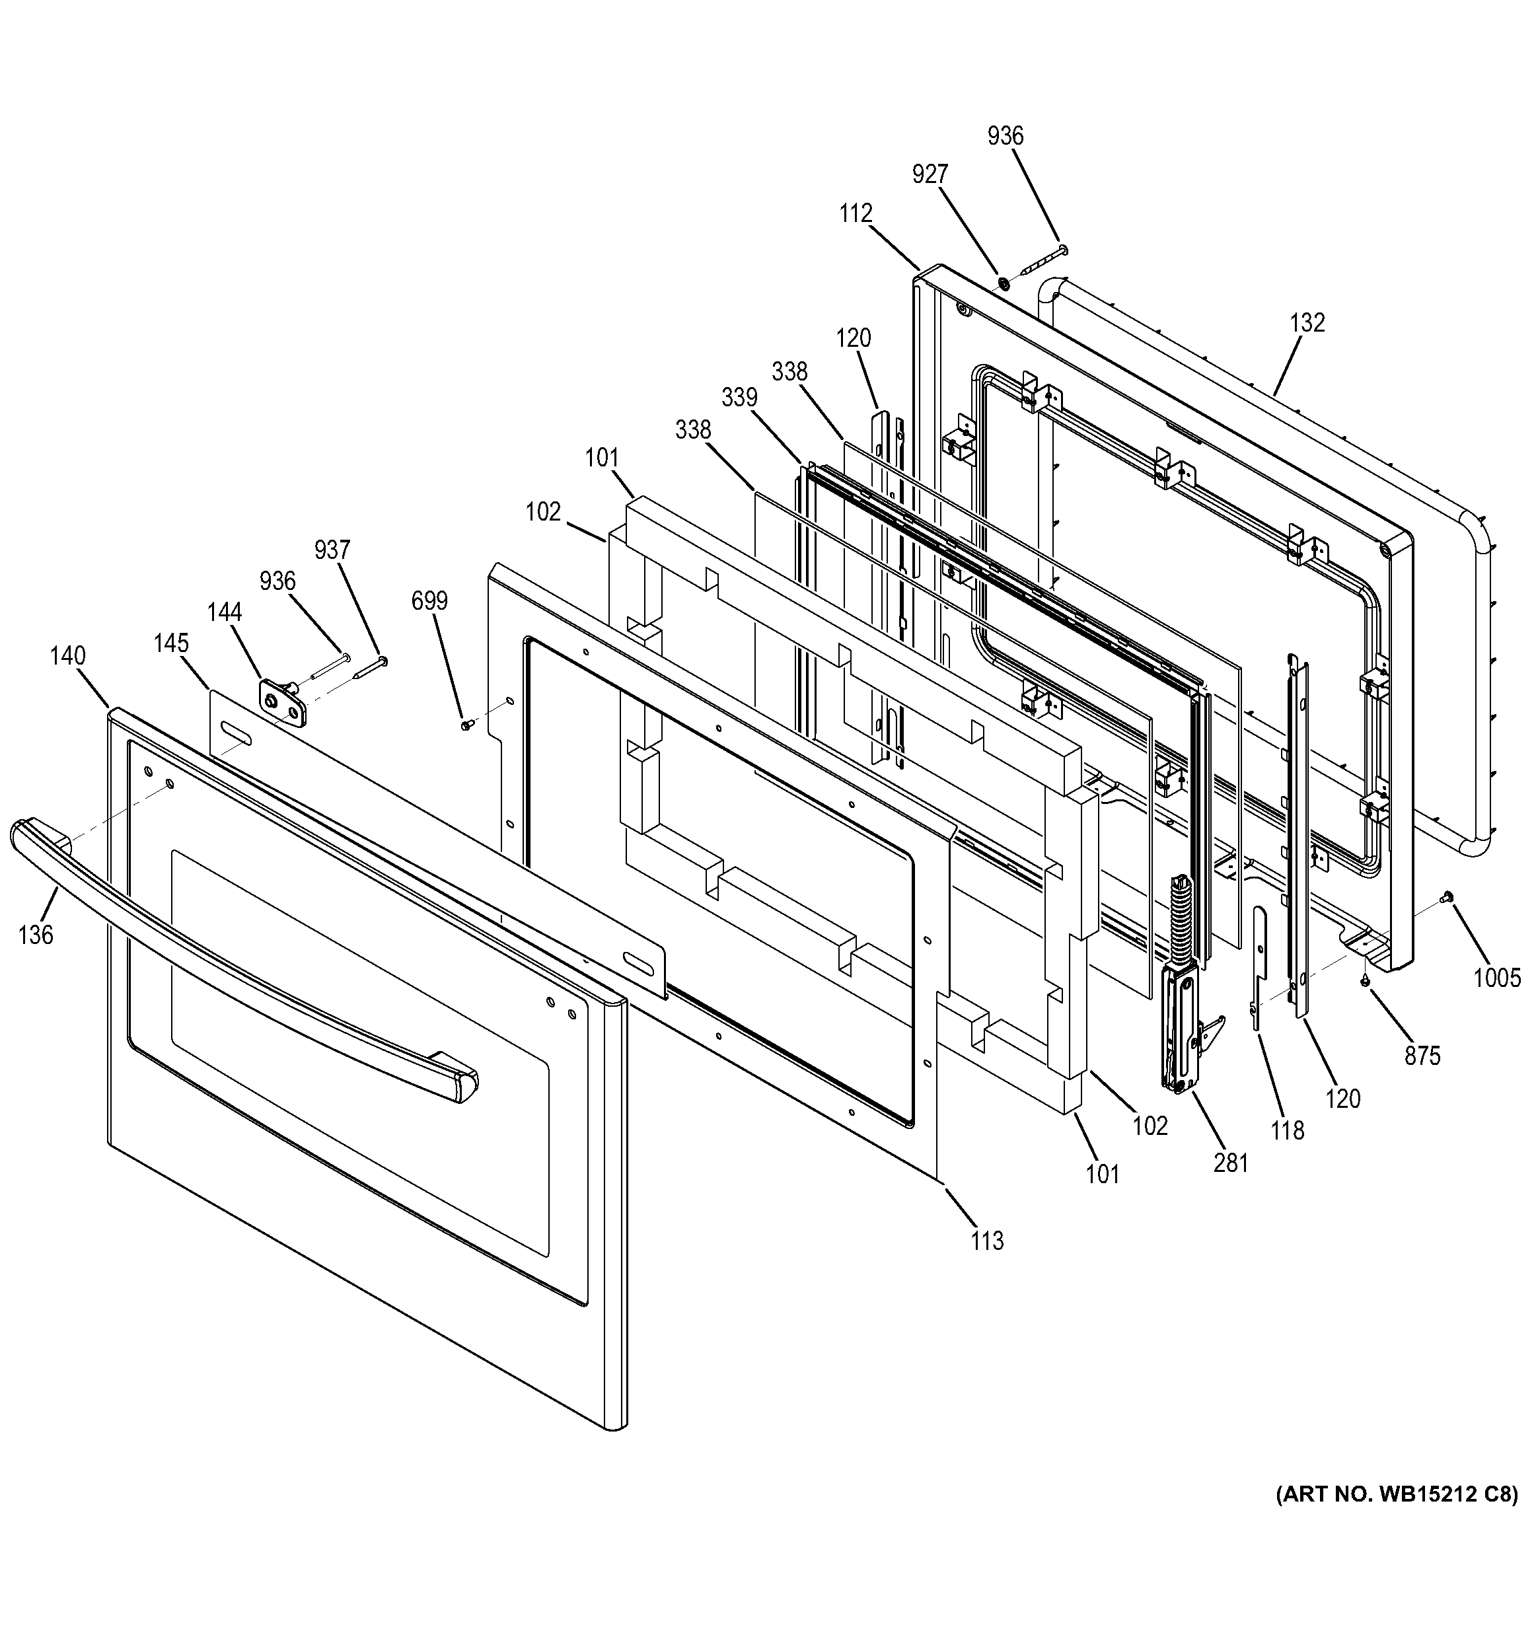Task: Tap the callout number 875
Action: click(1422, 1055)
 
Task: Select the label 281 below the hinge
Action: click(1230, 1162)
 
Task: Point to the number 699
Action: click(429, 601)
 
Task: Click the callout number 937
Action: click(332, 550)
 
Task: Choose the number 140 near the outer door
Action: click(67, 655)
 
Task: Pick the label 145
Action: click(170, 642)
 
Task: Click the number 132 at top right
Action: click(1307, 322)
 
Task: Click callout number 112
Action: click(855, 214)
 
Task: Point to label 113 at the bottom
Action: click(987, 1240)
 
